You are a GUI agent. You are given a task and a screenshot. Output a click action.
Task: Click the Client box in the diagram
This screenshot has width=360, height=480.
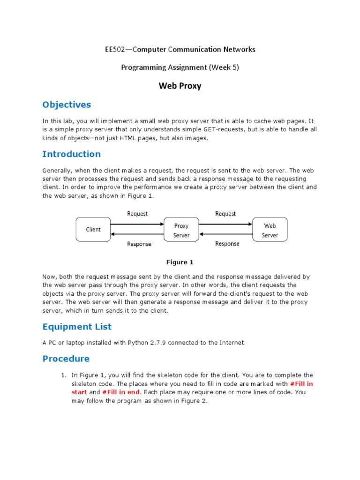93,229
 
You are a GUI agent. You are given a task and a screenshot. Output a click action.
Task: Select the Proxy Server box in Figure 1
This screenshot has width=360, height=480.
181,230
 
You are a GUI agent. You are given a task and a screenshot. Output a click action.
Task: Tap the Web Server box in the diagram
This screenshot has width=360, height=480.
270,230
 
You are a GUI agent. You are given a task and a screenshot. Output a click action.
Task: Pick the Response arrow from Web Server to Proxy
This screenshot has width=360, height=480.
225,234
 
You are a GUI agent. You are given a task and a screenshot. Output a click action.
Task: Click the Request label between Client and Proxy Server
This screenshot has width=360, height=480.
137,214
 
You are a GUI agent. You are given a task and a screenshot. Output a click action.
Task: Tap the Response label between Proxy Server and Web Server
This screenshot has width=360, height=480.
227,244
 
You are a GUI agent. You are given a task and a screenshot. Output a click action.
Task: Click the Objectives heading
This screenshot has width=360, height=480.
67,105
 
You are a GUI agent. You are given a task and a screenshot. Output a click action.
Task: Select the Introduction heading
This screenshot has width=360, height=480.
71,154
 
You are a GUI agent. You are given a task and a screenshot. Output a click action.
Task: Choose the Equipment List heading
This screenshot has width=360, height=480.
77,326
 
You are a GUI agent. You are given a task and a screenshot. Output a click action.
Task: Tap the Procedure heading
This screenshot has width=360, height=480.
66,359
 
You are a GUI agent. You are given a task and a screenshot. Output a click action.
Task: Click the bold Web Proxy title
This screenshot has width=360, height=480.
180,86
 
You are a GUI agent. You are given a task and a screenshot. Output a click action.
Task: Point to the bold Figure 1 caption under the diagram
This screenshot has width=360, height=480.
180,262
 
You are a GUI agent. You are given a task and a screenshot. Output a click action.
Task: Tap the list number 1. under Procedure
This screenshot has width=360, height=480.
64,375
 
